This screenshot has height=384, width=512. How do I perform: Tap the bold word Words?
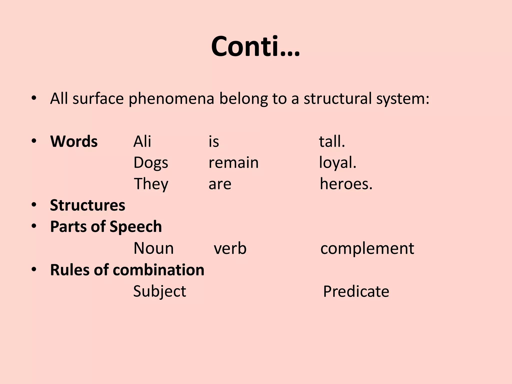pyautogui.click(x=74, y=141)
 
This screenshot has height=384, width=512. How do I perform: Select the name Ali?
pyautogui.click(x=142, y=141)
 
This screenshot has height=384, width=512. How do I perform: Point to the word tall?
pyautogui.click(x=332, y=141)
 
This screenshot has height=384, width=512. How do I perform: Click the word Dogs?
pyautogui.click(x=151, y=163)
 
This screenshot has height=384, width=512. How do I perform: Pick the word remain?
pyautogui.click(x=233, y=163)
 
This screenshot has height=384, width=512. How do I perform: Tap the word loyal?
pyautogui.click(x=337, y=163)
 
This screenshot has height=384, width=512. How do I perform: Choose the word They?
pyautogui.click(x=151, y=184)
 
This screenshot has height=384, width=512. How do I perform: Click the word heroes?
pyautogui.click(x=346, y=184)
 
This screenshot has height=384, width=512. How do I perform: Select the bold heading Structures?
pyautogui.click(x=87, y=205)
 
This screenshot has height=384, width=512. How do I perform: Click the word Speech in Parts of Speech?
pyautogui.click(x=135, y=227)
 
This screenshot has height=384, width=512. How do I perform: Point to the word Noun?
pyautogui.click(x=153, y=248)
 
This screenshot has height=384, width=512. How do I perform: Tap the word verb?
pyautogui.click(x=230, y=248)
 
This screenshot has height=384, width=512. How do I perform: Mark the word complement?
pyautogui.click(x=367, y=248)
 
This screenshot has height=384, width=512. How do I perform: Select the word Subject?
pyautogui.click(x=159, y=291)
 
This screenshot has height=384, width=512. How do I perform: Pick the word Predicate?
pyautogui.click(x=356, y=291)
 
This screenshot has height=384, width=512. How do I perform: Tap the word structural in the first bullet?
pyautogui.click(x=338, y=98)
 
